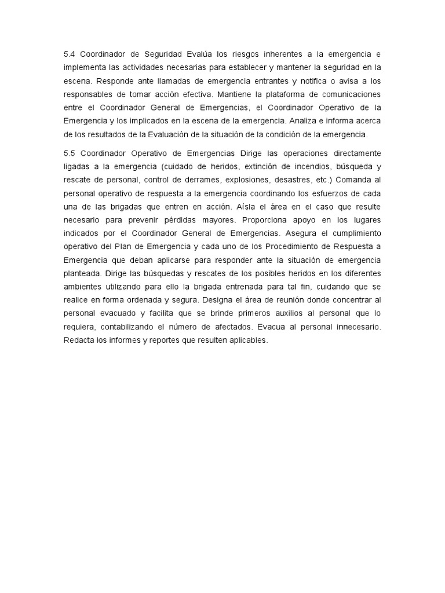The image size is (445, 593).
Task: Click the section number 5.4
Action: point(70,54)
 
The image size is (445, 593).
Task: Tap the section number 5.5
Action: point(70,153)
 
